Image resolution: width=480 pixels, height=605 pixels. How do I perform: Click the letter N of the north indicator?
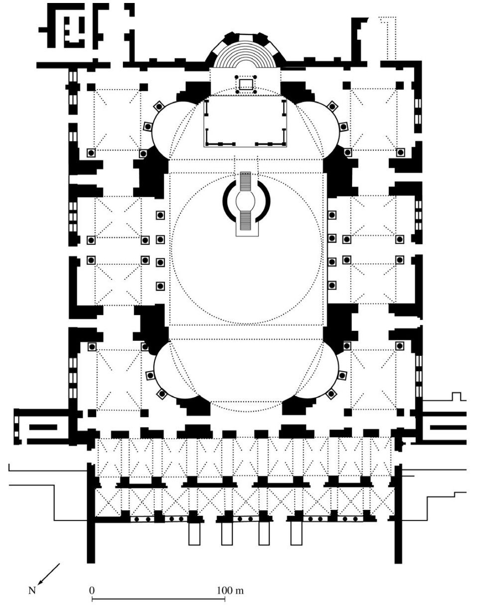pyautogui.click(x=33, y=591)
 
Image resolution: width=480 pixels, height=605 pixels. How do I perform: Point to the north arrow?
pyautogui.click(x=51, y=573)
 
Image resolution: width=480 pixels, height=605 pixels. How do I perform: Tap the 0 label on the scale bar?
pyautogui.click(x=92, y=590)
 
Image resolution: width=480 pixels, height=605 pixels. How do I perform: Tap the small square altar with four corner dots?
pyautogui.click(x=246, y=84)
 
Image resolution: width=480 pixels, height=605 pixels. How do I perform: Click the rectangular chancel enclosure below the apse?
pyautogui.click(x=246, y=122)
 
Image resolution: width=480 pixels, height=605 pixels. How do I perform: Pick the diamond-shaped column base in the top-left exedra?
pyautogui.click(x=159, y=105)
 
